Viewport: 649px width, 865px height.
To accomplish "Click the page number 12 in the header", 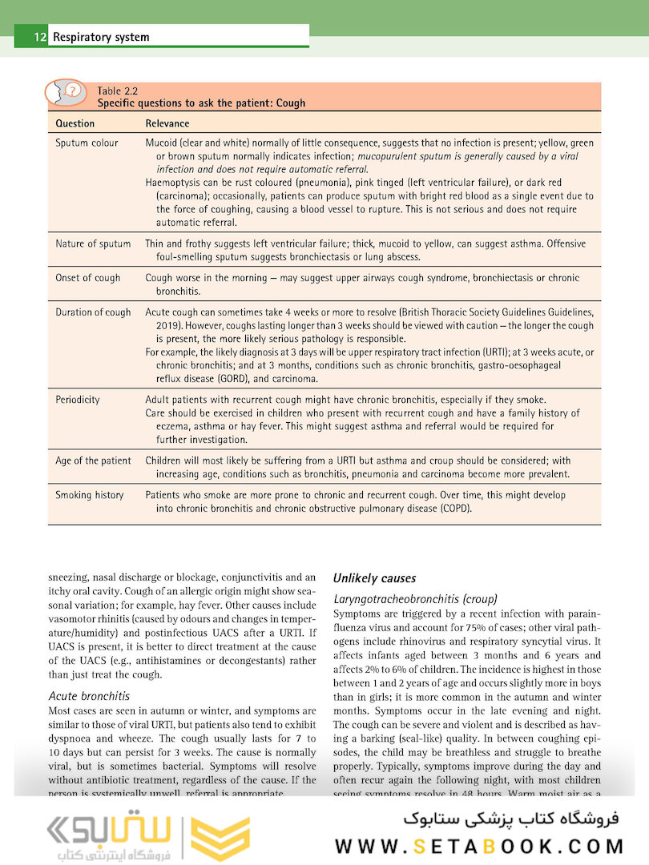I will (x=38, y=37).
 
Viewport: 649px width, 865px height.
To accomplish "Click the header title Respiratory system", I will (x=101, y=37).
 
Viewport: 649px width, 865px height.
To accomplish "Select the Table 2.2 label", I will (x=117, y=91).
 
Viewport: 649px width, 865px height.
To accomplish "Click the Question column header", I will (x=75, y=123).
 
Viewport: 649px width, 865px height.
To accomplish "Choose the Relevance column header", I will (x=167, y=123).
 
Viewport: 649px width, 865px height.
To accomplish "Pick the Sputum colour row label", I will (x=87, y=143).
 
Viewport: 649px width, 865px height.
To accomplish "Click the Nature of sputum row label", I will (x=93, y=244).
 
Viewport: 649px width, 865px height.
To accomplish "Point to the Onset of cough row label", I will (x=88, y=278).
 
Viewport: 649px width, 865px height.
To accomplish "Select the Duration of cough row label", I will (x=93, y=312).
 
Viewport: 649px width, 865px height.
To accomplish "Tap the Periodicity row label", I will (x=78, y=400).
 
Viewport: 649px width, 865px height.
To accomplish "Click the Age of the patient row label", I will (x=93, y=461).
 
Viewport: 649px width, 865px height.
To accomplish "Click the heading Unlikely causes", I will (x=374, y=578).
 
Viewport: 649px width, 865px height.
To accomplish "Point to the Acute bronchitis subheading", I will (x=89, y=696).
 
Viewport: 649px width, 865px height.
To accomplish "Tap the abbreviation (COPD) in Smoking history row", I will (x=455, y=509).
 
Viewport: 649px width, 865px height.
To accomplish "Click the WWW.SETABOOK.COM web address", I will (x=479, y=847).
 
